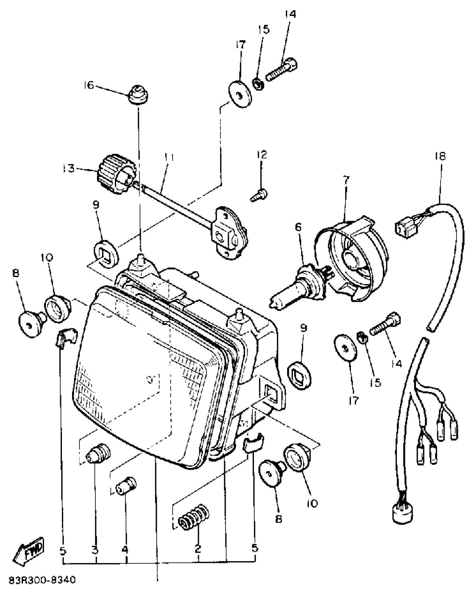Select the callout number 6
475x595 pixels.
(298, 227)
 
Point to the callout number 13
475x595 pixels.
(68, 169)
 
